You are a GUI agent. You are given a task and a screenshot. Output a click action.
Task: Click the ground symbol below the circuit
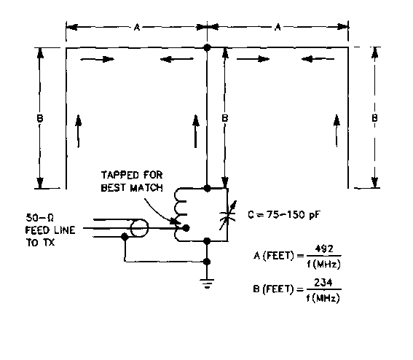point(207,283)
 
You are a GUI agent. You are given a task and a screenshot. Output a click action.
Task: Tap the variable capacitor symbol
point(228,215)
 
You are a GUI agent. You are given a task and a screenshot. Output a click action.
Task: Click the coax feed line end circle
point(139,228)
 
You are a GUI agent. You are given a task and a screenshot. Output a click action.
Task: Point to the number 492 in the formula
point(324,249)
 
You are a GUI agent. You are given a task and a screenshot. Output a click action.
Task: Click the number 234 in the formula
point(323,282)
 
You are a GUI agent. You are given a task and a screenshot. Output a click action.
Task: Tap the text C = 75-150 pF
point(284,214)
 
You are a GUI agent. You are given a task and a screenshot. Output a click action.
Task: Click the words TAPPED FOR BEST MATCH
point(132,181)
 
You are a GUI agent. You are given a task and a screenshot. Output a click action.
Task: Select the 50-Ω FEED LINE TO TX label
point(50,230)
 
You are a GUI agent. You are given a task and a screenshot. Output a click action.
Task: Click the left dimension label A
point(136,27)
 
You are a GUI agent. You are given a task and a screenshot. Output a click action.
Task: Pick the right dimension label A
point(278,27)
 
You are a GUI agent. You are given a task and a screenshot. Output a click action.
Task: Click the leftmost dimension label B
point(40,118)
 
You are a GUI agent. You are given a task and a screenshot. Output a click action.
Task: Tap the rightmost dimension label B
point(374,118)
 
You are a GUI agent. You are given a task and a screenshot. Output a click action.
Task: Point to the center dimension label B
point(224,118)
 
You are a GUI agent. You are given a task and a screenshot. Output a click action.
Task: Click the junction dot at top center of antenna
point(208,47)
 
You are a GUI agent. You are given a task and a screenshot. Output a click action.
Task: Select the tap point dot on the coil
point(186,228)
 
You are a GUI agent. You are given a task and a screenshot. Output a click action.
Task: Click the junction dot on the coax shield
point(125,237)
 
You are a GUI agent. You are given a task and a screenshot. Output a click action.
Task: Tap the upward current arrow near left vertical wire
point(78,130)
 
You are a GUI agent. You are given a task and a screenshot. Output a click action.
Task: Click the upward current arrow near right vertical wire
point(337,130)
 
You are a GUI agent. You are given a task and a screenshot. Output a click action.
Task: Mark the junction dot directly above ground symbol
point(208,262)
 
